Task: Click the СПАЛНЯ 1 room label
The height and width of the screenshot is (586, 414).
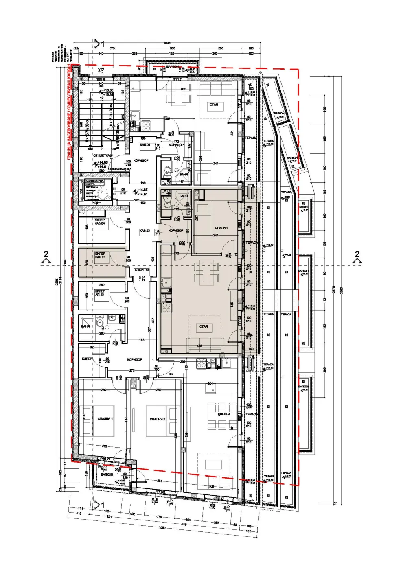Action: coord(105,419)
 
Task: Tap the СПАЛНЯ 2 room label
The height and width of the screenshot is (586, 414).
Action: coord(157,419)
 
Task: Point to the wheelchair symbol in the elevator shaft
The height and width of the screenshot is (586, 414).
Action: coord(102,187)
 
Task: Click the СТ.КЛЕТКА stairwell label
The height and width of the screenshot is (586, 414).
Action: coord(101,155)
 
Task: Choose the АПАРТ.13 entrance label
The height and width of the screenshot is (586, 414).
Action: coord(142,270)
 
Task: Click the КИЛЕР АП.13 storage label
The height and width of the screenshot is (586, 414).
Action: coord(100,293)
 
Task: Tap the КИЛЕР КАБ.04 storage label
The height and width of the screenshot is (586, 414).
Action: coord(100,221)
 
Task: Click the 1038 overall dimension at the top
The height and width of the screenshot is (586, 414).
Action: coord(166,43)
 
